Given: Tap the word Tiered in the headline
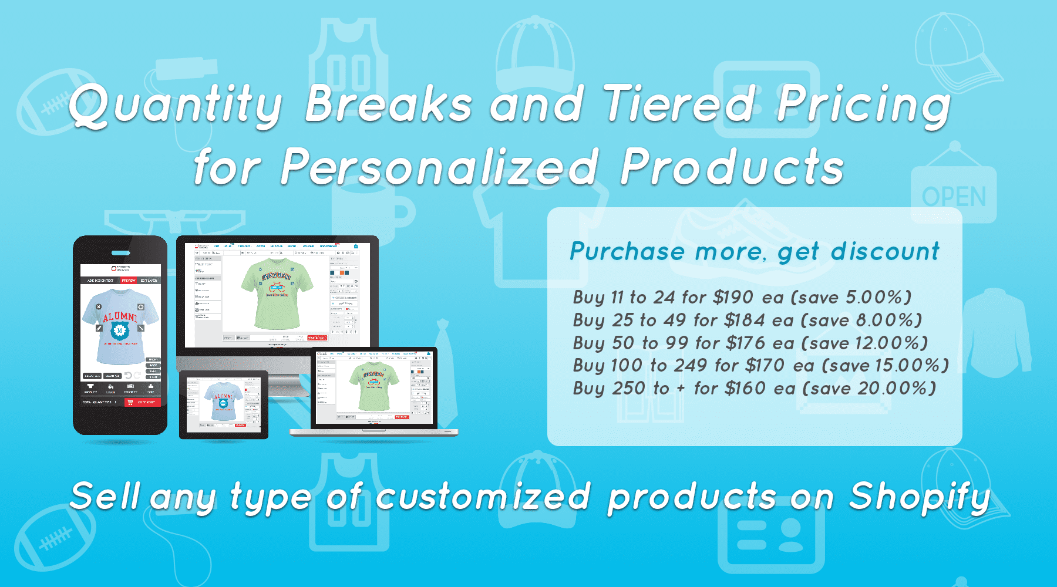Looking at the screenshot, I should coord(679,104).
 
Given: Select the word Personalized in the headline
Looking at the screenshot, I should coord(440,167).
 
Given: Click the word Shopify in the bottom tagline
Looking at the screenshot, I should coord(920,497).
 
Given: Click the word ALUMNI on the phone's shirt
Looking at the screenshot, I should coord(120,318).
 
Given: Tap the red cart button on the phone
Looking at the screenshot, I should coord(142,402).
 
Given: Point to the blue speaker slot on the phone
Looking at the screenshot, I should coord(121,253).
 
